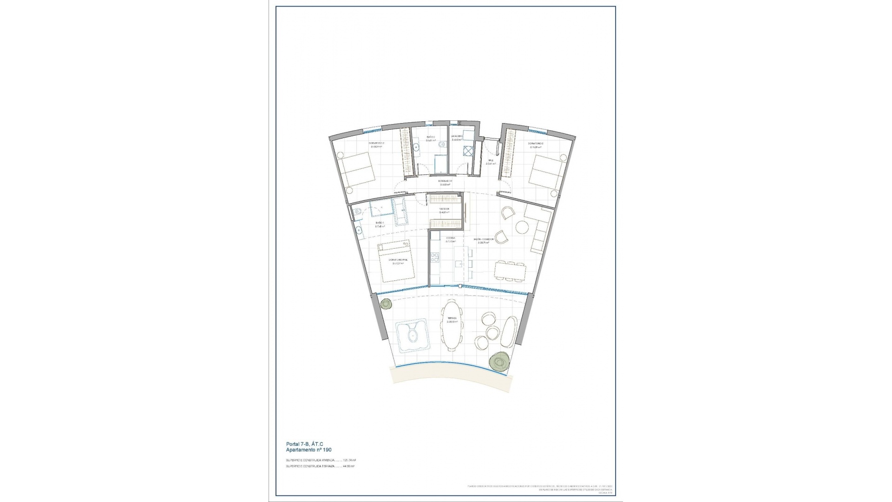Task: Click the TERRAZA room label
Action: pos(452,318)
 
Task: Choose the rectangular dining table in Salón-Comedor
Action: pos(510,271)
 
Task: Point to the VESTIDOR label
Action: pos(445,209)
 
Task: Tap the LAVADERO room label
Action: pos(457,136)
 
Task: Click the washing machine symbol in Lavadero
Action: pos(467,151)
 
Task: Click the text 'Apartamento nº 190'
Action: pos(309,450)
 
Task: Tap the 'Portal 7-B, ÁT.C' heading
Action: pos(305,444)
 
